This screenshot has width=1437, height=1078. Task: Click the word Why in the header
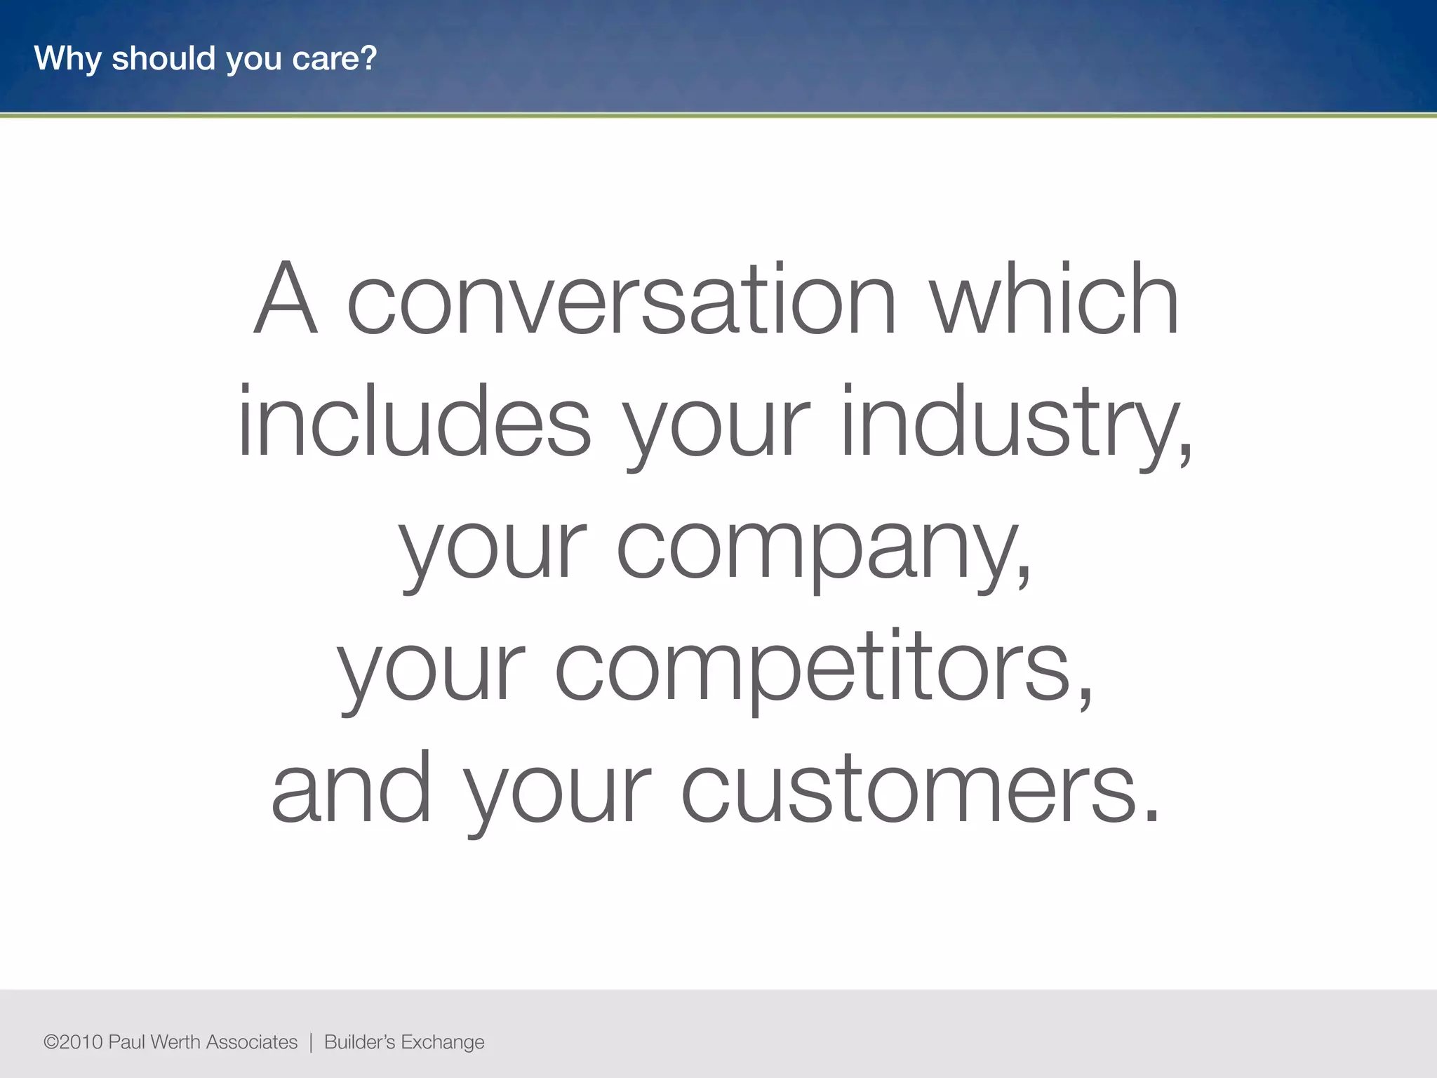[x=67, y=58]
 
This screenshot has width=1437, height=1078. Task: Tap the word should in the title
[x=163, y=58]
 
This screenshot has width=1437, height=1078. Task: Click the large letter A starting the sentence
[x=286, y=300]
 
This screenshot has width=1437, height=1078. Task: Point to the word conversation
[x=622, y=300]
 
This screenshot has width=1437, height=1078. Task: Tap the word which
[x=1054, y=300]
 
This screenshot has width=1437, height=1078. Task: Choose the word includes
[x=414, y=422]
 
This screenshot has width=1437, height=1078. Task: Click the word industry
[x=1015, y=422]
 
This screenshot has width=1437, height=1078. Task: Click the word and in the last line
[x=351, y=790]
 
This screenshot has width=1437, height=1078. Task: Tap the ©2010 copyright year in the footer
[x=73, y=1042]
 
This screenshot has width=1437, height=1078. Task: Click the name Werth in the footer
[x=175, y=1042]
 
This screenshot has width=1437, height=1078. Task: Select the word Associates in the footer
[x=252, y=1042]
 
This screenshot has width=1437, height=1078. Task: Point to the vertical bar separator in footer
[x=311, y=1042]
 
